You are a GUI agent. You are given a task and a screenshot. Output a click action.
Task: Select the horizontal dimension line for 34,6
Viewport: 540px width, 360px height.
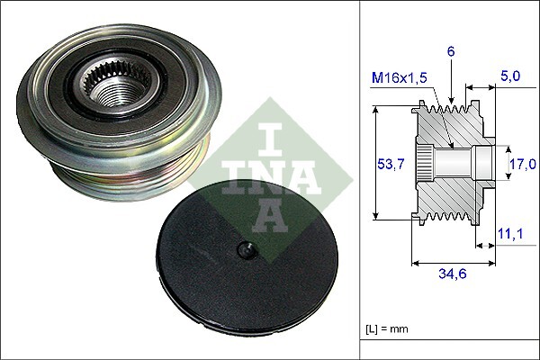tap(453, 264)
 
